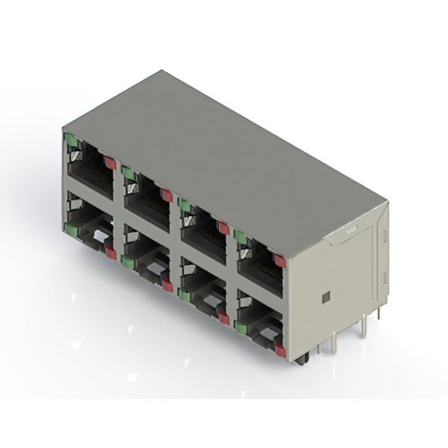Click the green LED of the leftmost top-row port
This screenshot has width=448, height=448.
pyautogui.click(x=71, y=140)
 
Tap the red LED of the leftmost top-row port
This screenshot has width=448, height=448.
pyautogui.click(x=110, y=162)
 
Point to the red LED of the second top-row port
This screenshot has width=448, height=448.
pyautogui.click(x=167, y=195)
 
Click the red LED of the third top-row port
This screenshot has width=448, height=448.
pyautogui.click(x=223, y=227)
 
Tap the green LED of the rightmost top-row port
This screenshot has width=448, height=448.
pyautogui.click(x=241, y=237)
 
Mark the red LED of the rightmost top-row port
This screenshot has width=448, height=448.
pyautogui.click(x=279, y=260)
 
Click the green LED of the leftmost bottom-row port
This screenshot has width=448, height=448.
pyautogui.click(x=71, y=228)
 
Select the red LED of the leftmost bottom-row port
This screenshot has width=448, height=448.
pyautogui.click(x=110, y=252)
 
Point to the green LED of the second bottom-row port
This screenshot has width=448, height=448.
pyautogui.click(x=127, y=262)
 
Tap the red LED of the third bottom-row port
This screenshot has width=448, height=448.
pyautogui.click(x=223, y=318)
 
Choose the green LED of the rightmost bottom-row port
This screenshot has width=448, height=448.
pyautogui.click(x=241, y=327)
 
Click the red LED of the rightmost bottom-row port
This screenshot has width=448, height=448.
pyautogui.click(x=280, y=350)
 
